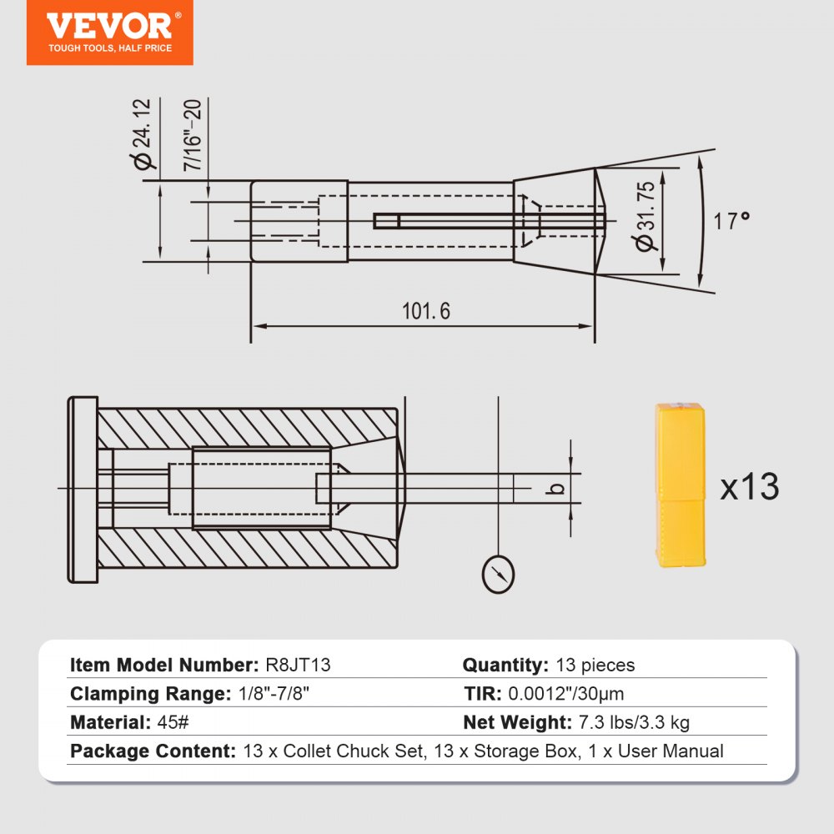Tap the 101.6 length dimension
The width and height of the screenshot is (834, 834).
tap(425, 311)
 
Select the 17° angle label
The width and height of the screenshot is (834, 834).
tap(732, 222)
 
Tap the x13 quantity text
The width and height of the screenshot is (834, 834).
tap(749, 487)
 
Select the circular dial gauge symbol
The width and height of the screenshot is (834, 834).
tap(498, 574)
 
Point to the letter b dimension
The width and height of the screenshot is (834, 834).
tap(559, 488)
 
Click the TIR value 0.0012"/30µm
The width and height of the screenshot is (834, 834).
tap(566, 694)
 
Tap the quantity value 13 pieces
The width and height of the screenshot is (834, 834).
tap(595, 666)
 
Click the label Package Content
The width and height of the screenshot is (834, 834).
tap(153, 751)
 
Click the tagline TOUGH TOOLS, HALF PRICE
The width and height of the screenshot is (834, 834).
tap(109, 48)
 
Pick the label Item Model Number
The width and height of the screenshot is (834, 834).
tap(163, 666)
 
